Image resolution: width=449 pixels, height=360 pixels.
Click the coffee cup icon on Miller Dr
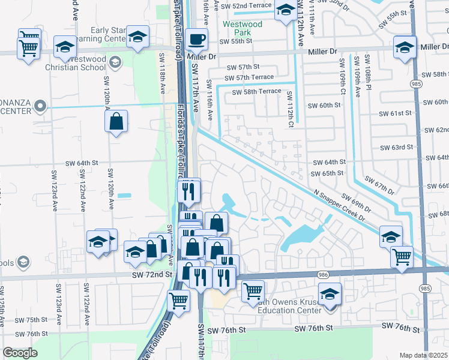tap(196, 40)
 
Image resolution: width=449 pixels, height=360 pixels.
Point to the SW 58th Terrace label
tap(253, 91)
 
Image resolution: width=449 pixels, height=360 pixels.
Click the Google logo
tap(20, 353)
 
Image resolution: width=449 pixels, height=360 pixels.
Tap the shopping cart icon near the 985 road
tap(402, 257)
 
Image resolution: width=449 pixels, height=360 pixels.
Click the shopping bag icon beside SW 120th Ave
tap(116, 121)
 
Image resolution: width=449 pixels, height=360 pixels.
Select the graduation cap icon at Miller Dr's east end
tap(405, 47)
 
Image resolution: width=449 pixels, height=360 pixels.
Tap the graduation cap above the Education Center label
tap(329, 295)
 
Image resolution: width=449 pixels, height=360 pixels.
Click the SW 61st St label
tap(395, 113)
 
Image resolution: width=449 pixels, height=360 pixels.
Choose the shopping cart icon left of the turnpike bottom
tap(178, 300)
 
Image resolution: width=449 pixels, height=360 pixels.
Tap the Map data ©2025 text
tap(424, 355)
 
